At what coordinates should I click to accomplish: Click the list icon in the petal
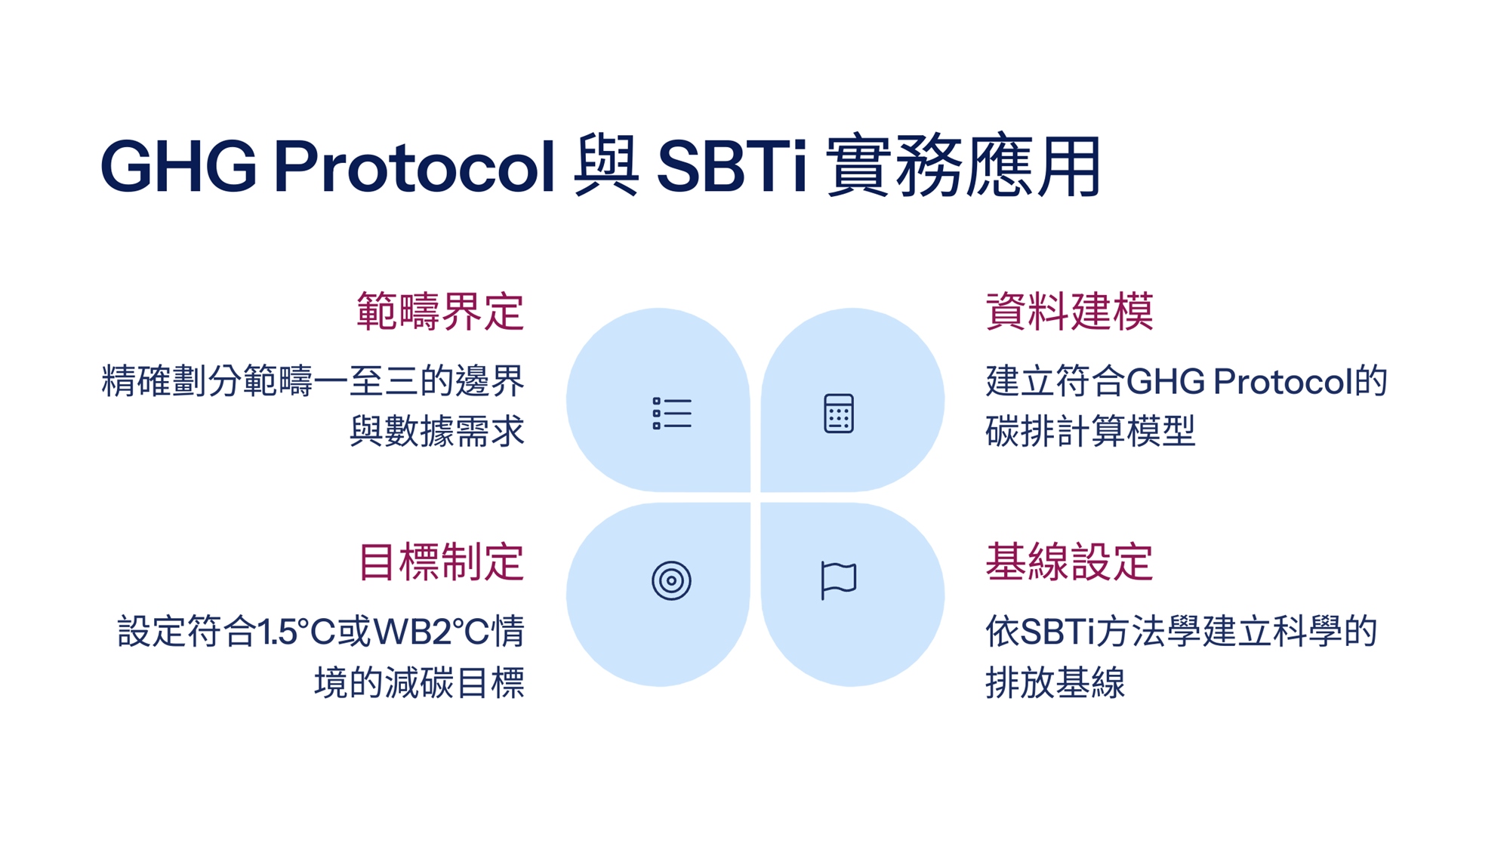[x=672, y=414]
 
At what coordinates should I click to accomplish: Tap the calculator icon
[x=839, y=414]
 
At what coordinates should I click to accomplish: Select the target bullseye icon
[x=671, y=580]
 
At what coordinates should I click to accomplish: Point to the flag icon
[x=838, y=580]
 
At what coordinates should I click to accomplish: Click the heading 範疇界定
[x=440, y=311]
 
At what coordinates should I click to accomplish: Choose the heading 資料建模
[x=1069, y=311]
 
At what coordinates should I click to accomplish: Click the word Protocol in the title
[x=414, y=166]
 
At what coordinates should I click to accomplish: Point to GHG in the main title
[x=178, y=166]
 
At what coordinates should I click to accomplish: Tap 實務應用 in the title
[x=964, y=166]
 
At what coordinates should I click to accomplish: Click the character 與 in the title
[x=606, y=166]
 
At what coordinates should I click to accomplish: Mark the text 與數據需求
[x=437, y=432]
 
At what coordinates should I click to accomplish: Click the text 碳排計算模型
[x=1090, y=432]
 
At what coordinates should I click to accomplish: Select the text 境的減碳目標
[x=419, y=683]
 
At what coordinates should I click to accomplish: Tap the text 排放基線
[x=1055, y=683]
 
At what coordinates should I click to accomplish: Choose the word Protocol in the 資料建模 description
[x=1283, y=381]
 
